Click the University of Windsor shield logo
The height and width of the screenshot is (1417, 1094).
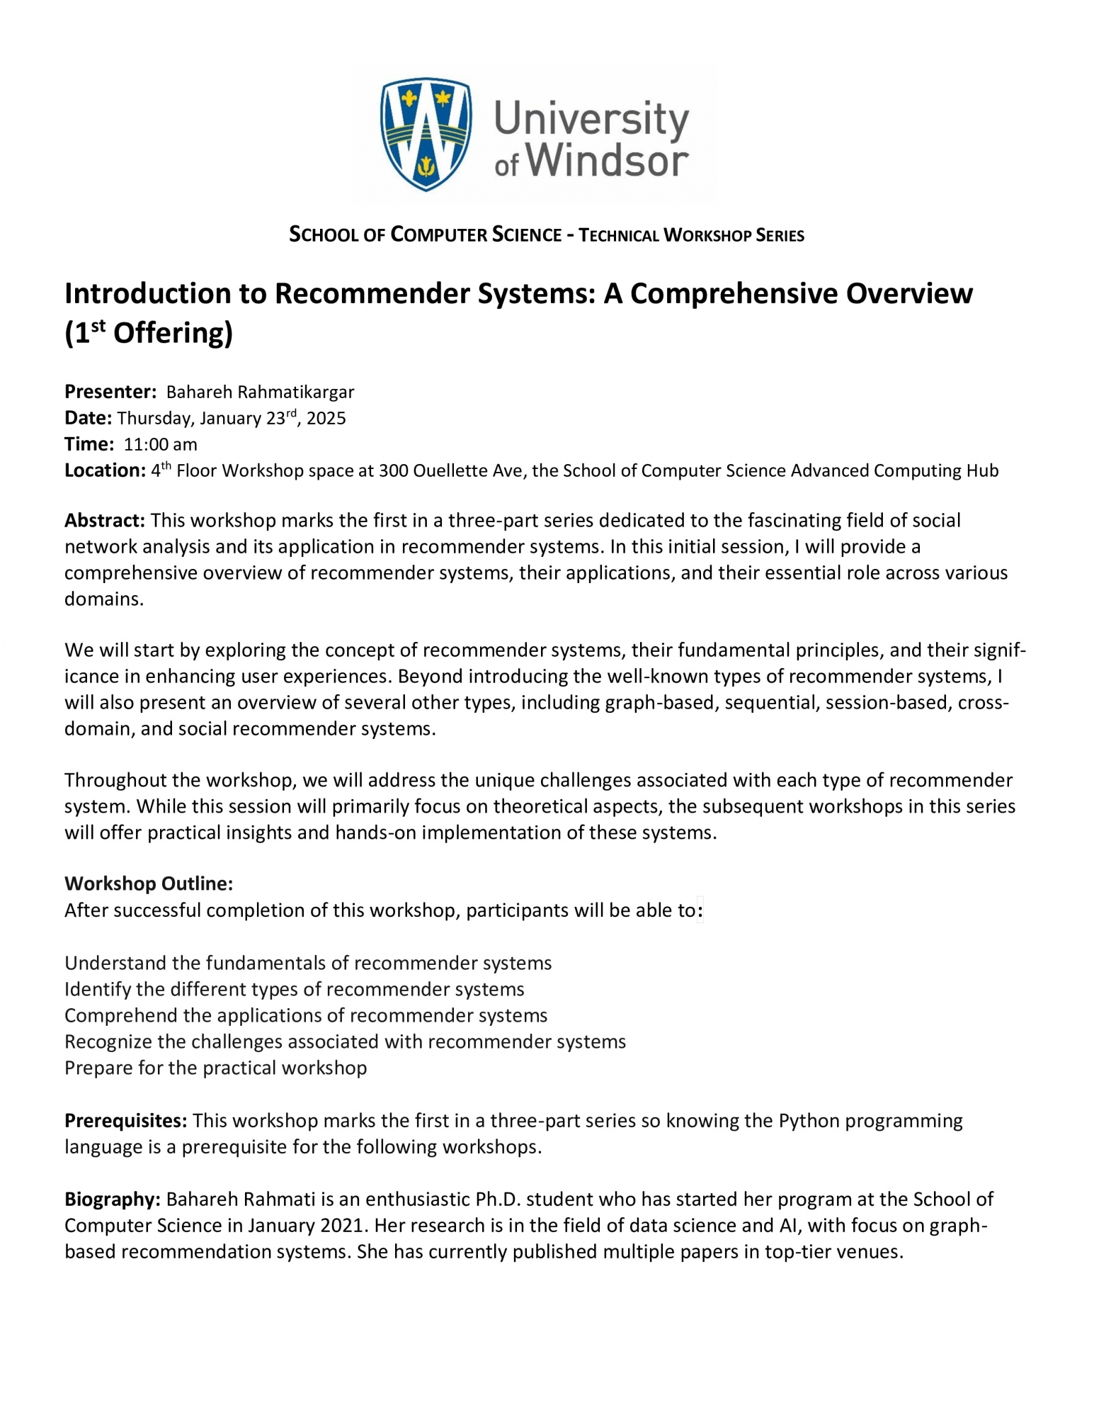click(x=426, y=135)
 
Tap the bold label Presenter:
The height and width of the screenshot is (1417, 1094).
click(x=110, y=392)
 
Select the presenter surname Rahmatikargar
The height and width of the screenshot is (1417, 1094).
click(x=296, y=392)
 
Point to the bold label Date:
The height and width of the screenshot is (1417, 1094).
click(x=88, y=418)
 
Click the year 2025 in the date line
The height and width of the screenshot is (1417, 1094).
click(x=326, y=418)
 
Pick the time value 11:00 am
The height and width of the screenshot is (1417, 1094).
click(x=161, y=444)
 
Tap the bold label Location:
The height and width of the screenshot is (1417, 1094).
click(x=105, y=470)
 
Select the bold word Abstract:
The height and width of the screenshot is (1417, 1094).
click(x=105, y=521)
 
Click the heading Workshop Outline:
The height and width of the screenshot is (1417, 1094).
click(x=149, y=883)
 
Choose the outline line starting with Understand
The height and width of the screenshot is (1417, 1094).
click(x=308, y=963)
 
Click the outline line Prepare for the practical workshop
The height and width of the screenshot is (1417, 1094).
click(x=216, y=1068)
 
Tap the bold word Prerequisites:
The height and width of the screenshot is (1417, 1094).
click(x=126, y=1120)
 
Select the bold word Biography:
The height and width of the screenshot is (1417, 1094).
click(x=113, y=1199)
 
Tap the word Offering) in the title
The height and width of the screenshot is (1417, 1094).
click(x=173, y=333)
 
